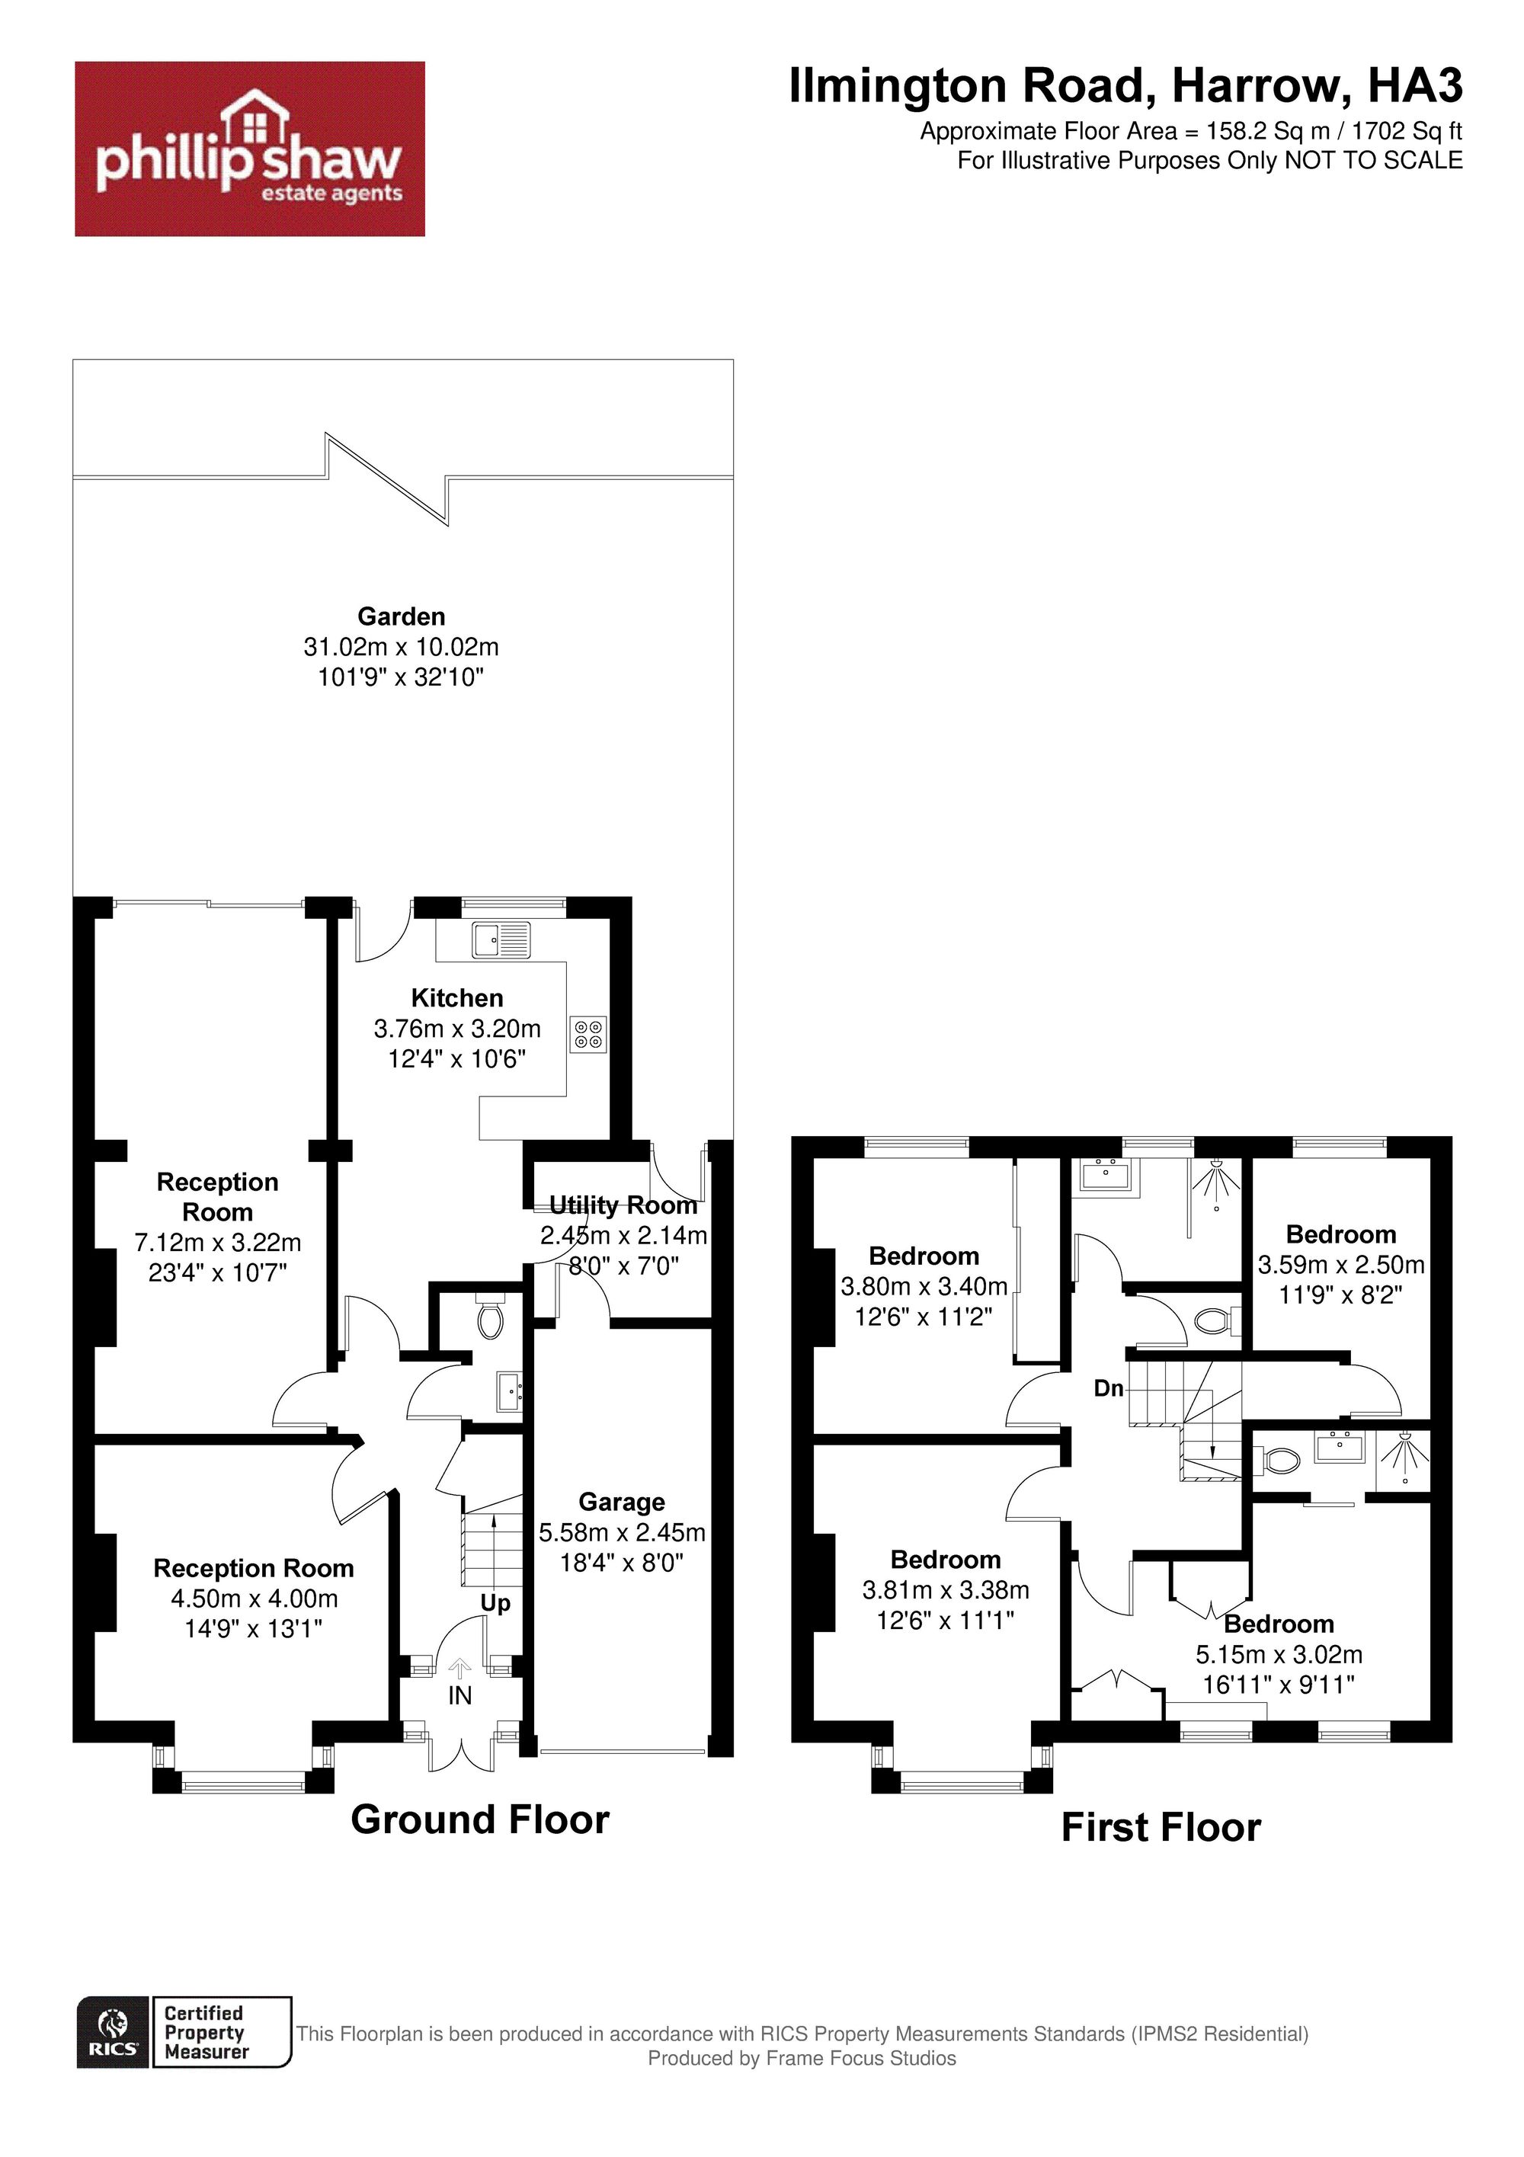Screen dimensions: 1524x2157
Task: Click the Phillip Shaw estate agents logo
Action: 250,149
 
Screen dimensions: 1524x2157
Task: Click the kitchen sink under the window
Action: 501,939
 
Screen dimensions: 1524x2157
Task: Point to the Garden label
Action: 402,616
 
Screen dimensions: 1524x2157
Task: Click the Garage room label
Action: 622,1503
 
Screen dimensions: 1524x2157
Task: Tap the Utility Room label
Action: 623,1205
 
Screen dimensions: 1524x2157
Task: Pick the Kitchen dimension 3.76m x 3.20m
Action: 457,1029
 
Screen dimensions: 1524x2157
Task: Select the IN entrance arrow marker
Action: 459,1670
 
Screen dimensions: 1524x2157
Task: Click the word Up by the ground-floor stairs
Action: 495,1603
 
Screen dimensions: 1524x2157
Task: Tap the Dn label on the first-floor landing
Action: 1109,1388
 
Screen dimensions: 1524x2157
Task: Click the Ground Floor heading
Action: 480,1819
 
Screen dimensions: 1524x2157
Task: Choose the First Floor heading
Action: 1161,1827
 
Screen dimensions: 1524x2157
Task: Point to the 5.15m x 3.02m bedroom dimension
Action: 1279,1654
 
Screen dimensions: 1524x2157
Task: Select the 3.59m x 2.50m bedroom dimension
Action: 1342,1266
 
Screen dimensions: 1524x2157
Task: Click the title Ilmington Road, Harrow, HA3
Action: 1125,86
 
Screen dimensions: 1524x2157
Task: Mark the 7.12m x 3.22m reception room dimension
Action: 218,1243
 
